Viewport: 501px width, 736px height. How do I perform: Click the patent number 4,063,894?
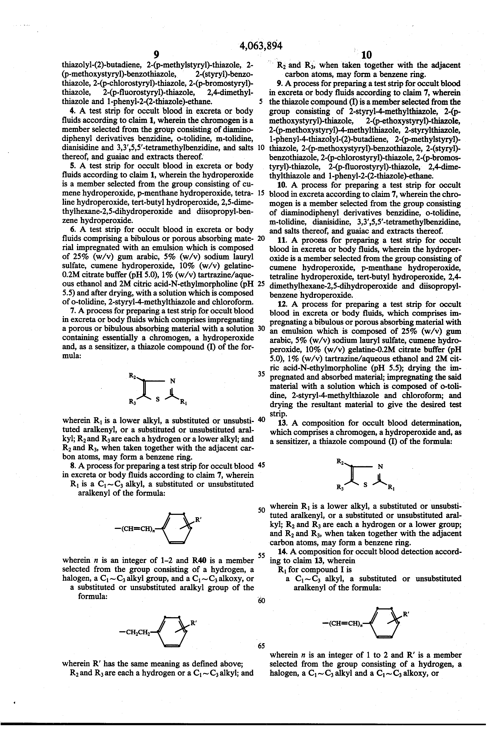coord(261,46)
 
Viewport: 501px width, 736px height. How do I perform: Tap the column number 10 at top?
coord(366,55)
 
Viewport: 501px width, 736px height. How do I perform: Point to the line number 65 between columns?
coord(261,646)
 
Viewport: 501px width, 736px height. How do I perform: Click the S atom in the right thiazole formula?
coord(365,485)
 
